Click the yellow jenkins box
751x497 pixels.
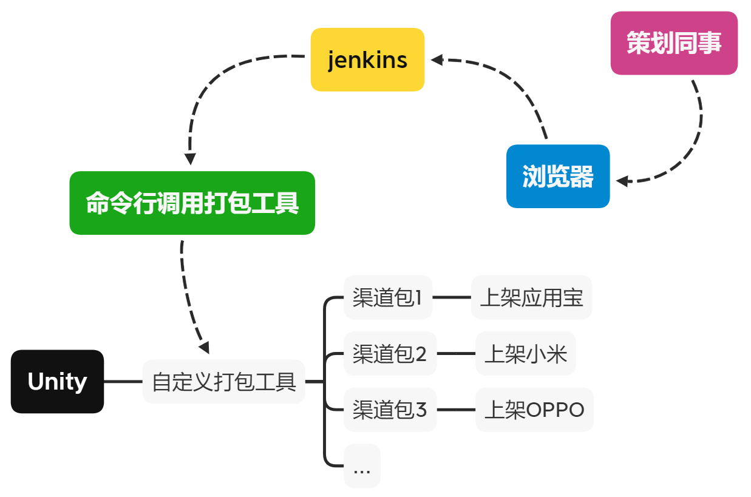pyautogui.click(x=367, y=59)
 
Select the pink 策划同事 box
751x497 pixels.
pyautogui.click(x=674, y=43)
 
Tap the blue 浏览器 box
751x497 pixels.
pyautogui.click(x=558, y=177)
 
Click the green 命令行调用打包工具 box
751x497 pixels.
pyautogui.click(x=192, y=203)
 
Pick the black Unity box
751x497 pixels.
pyautogui.click(x=57, y=382)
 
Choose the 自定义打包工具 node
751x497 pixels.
pyautogui.click(x=223, y=382)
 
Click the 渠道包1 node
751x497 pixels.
pyautogui.click(x=387, y=297)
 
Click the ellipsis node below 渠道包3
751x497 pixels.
pyautogui.click(x=362, y=466)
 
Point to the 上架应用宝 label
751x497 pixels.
pyautogui.click(x=531, y=297)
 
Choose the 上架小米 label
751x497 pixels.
pyautogui.click(x=525, y=353)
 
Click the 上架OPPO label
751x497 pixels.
pyautogui.click(x=534, y=410)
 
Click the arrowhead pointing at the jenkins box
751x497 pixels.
pyautogui.click(x=437, y=59)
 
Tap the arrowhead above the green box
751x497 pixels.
pyautogui.click(x=190, y=158)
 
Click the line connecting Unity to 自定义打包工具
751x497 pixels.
pyautogui.click(x=123, y=382)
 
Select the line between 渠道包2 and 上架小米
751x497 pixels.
pyautogui.click(x=456, y=353)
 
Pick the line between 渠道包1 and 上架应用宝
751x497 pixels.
pyautogui.click(x=452, y=297)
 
